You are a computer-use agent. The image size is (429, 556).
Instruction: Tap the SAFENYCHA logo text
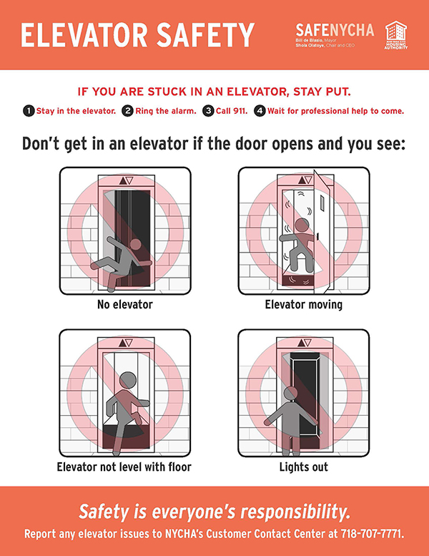(335, 29)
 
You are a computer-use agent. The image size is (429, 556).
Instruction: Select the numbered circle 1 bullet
(28, 111)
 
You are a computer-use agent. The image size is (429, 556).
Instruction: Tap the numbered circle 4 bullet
(260, 111)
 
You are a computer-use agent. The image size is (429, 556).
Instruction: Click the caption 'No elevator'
(125, 305)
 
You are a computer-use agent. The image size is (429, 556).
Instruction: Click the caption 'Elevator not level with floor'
(125, 467)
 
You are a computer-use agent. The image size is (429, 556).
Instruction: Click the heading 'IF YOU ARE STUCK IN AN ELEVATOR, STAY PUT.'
(214, 92)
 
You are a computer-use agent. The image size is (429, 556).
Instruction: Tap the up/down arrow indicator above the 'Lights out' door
(304, 343)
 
